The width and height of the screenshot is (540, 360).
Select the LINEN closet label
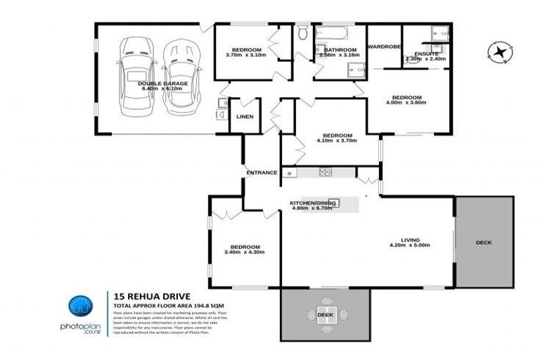[x=244, y=117]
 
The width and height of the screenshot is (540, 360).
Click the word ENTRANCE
[x=261, y=172]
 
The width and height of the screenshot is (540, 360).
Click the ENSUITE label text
[x=427, y=53]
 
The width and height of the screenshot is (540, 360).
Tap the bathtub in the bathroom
[x=330, y=32]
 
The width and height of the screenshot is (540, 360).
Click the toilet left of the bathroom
[x=302, y=33]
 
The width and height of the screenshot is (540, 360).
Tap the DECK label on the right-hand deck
[x=483, y=243]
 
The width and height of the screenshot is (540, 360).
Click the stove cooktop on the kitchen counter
[x=325, y=172]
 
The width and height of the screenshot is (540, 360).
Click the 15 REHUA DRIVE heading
[x=146, y=297]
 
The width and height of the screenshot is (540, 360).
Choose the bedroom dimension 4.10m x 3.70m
[x=337, y=141]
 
